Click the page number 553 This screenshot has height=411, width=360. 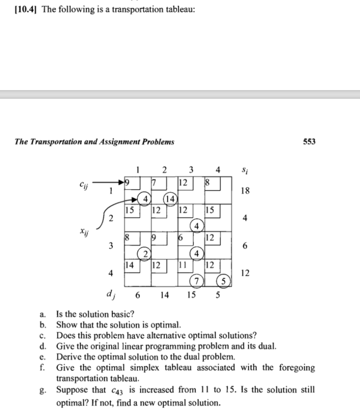tap(309, 141)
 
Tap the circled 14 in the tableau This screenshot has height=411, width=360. tap(171, 199)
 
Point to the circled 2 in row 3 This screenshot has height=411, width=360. tap(145, 254)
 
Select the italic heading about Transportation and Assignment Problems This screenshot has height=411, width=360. tap(94, 141)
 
